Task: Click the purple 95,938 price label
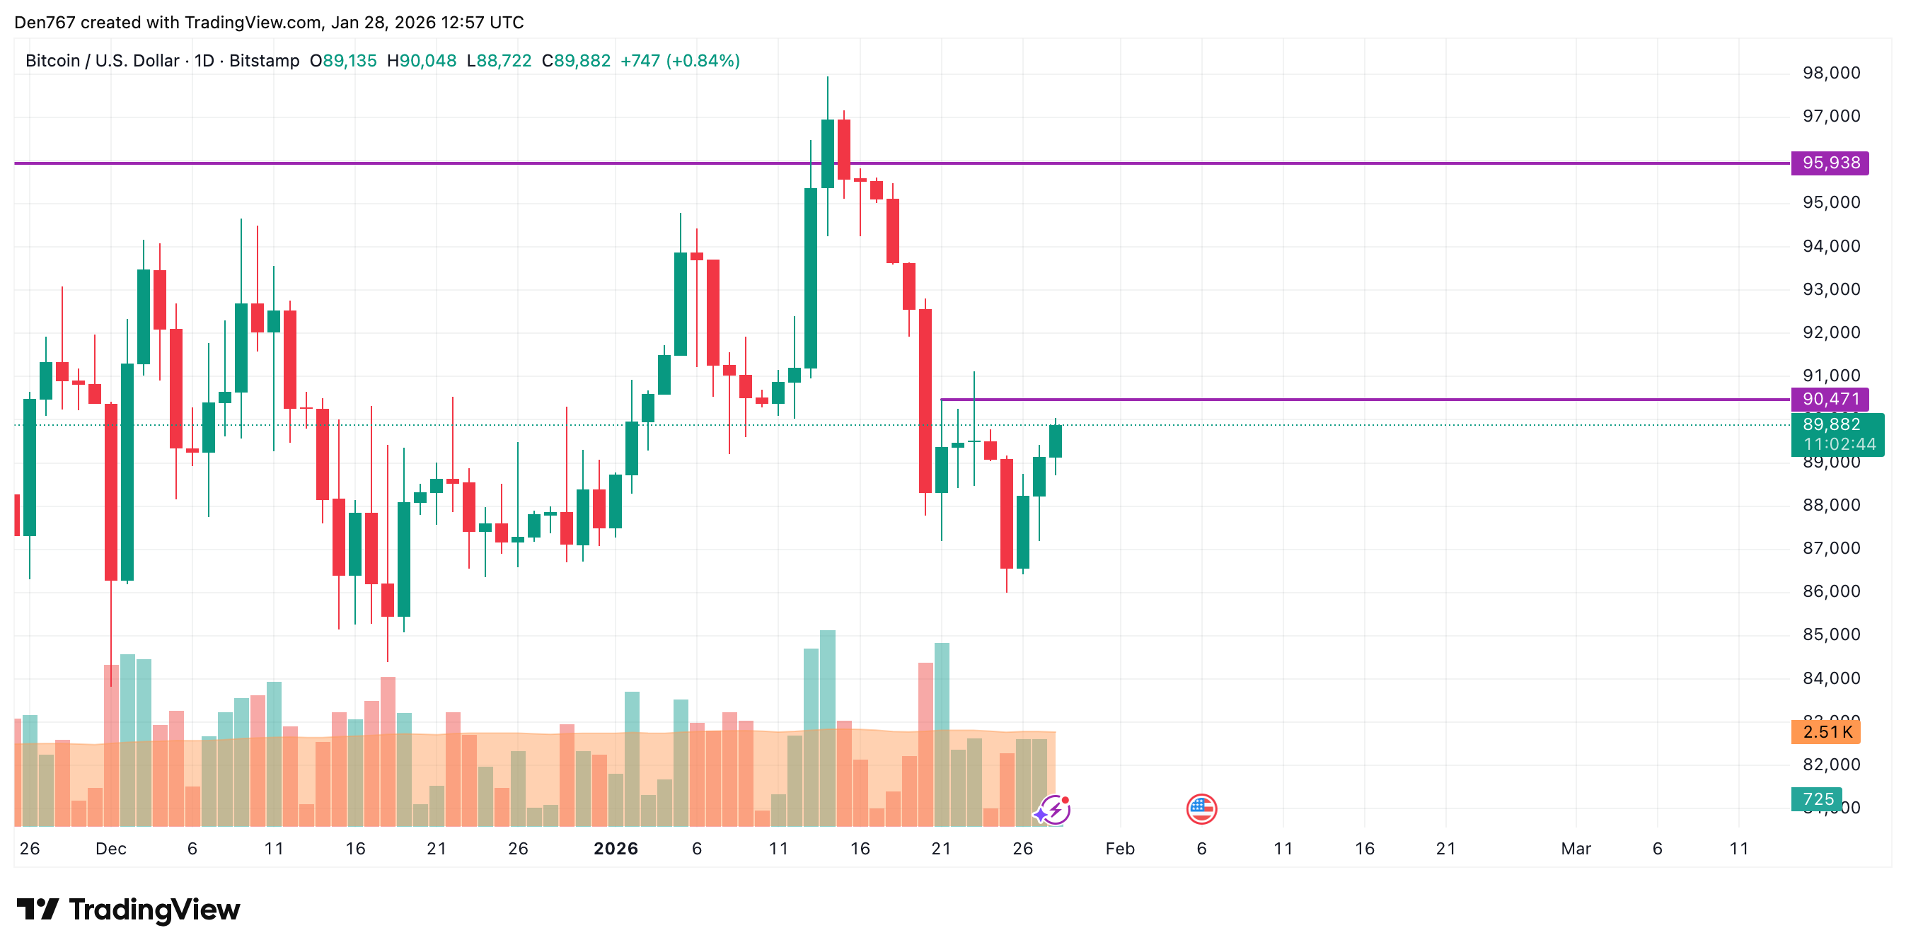[1829, 163]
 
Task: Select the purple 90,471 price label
[1829, 400]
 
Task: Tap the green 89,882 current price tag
[1837, 434]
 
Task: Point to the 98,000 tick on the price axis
[1830, 72]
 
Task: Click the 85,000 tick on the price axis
[1830, 634]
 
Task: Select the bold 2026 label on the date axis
[616, 849]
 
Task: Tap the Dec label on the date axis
[111, 849]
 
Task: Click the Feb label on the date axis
[1119, 849]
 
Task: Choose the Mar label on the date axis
[1576, 849]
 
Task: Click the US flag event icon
[1201, 808]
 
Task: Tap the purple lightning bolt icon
[1053, 810]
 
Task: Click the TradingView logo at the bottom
[129, 909]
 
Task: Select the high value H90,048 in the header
[422, 61]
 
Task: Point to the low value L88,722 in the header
[499, 61]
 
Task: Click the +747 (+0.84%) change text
[679, 61]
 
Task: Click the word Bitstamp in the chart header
[264, 61]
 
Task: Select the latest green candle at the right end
[1055, 441]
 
